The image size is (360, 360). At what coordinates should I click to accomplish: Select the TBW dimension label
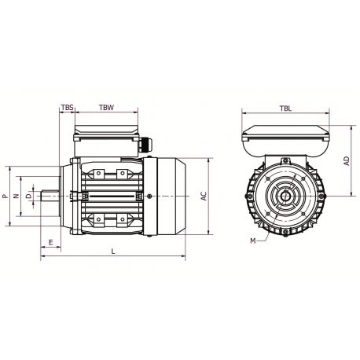tap(106, 106)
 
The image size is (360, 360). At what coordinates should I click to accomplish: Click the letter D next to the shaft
tap(28, 195)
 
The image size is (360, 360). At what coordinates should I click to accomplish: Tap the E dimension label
tap(51, 243)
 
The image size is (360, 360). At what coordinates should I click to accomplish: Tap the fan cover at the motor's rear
tap(171, 195)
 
